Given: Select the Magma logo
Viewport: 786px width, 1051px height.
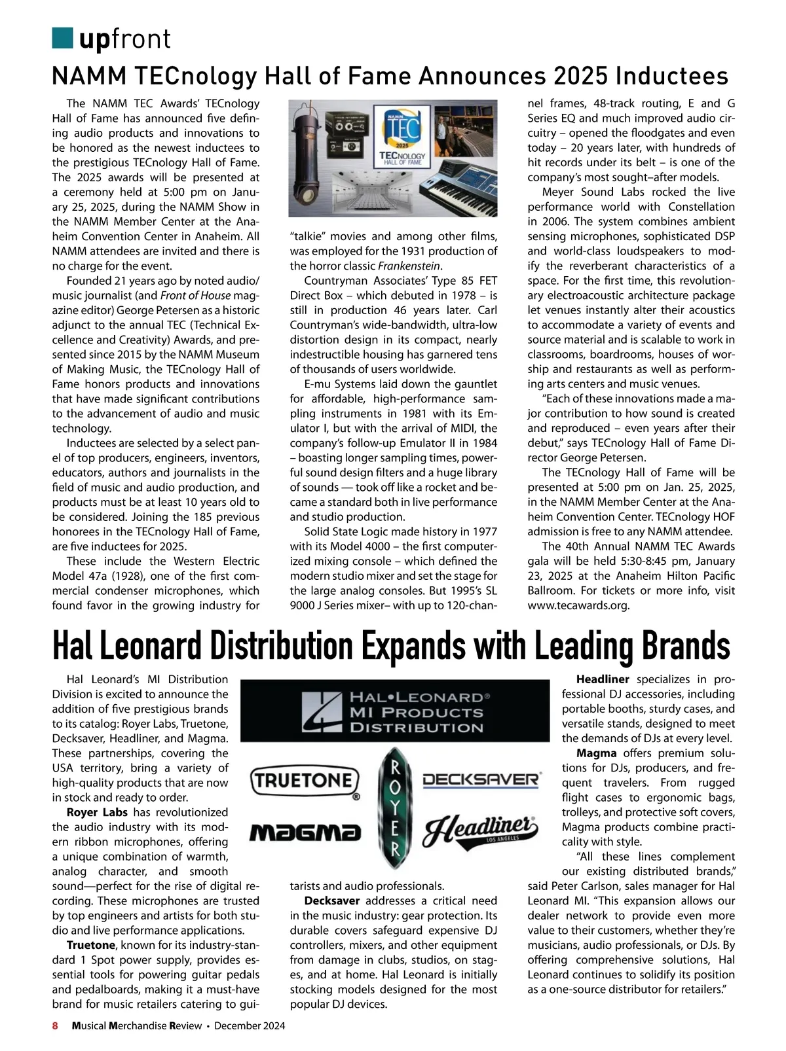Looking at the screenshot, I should pyautogui.click(x=306, y=832).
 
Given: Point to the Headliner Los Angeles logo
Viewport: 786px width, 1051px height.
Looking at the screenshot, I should pyautogui.click(x=482, y=831).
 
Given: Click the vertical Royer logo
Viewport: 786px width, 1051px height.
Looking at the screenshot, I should pyautogui.click(x=394, y=808).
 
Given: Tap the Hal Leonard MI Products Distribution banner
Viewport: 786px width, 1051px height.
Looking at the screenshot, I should pyautogui.click(x=395, y=712).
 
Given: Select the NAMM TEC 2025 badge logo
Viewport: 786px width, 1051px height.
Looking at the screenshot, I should pyautogui.click(x=402, y=134).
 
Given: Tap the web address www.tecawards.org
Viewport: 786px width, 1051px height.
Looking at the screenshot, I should pyautogui.click(x=578, y=605).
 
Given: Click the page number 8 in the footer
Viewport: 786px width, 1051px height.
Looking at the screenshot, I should pyautogui.click(x=56, y=1026).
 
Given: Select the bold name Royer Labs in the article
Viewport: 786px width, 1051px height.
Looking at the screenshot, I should pyautogui.click(x=97, y=812).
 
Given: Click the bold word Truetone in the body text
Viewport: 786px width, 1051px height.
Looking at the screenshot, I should pyautogui.click(x=90, y=945).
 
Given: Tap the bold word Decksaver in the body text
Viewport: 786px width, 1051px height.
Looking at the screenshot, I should pyautogui.click(x=332, y=900).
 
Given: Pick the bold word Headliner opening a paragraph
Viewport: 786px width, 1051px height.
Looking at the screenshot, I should pyautogui.click(x=603, y=679).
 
